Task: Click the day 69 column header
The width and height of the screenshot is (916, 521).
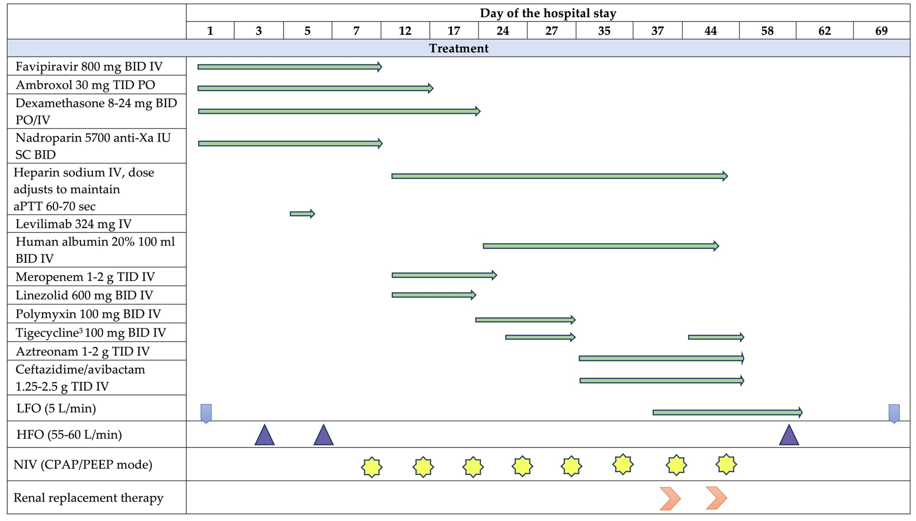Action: (x=881, y=31)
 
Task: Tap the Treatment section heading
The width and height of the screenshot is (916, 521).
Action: (x=458, y=48)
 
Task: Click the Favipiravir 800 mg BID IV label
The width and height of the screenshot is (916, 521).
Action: (x=89, y=67)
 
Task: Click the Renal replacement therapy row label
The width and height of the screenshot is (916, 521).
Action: (x=88, y=498)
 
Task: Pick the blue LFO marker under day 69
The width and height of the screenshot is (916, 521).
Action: (x=894, y=413)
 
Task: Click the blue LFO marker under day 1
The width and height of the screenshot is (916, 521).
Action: (x=206, y=413)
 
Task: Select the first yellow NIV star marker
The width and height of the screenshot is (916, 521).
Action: (x=372, y=467)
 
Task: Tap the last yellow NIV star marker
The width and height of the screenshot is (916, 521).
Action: (x=726, y=465)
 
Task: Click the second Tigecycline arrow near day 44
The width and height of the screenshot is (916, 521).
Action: (x=716, y=337)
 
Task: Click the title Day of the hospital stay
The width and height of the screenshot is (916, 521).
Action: (x=548, y=13)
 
